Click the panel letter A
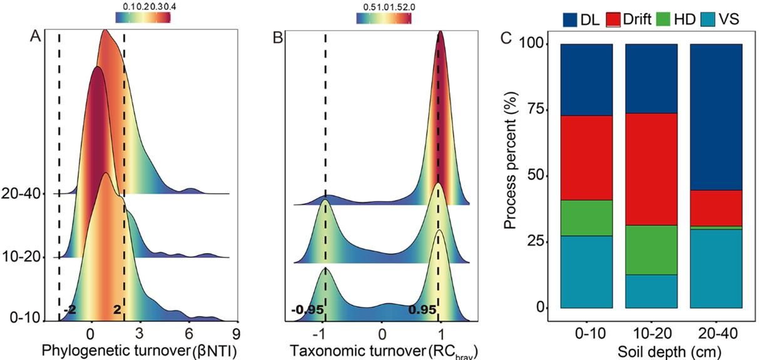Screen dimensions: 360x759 pyautogui.click(x=36, y=38)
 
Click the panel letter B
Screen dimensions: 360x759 pyautogui.click(x=278, y=39)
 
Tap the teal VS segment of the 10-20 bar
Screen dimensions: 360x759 pyautogui.click(x=651, y=291)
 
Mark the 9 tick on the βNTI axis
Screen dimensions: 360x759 pyautogui.click(x=237, y=332)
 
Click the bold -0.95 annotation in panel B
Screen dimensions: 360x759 pyautogui.click(x=305, y=309)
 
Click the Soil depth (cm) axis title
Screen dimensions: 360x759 pyautogui.click(x=651, y=349)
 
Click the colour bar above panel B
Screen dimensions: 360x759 pyautogui.click(x=384, y=19)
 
